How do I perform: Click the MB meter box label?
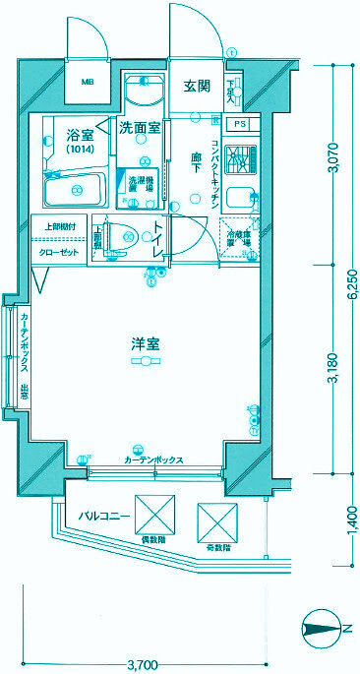[88, 82]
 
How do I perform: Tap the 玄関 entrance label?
[197, 86]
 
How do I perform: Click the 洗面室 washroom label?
[139, 127]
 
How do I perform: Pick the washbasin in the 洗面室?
[144, 93]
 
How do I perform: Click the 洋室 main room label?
[146, 344]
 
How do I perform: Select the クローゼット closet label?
[59, 252]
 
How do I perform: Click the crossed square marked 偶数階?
[153, 517]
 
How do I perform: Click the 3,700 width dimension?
[143, 665]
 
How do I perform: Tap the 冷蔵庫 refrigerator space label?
[239, 237]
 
